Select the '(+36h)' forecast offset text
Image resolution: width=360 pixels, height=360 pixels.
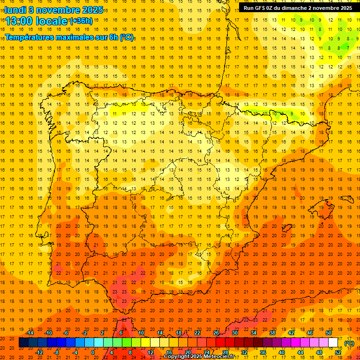click(81, 21)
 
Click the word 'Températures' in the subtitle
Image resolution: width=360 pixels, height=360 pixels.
click(30, 37)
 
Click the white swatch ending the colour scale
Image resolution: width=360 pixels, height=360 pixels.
click(333, 343)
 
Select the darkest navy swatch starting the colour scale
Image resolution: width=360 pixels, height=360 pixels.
click(23, 343)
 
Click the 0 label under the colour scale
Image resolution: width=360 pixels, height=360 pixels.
click(93, 352)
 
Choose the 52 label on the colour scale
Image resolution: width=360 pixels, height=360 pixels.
click(338, 352)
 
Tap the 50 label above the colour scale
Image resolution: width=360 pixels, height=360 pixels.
click(329, 333)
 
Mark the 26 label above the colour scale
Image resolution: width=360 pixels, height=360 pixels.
click(216, 333)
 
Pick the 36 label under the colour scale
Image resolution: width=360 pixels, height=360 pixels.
click(263, 352)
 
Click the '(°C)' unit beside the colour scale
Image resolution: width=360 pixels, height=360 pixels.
click(349, 343)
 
